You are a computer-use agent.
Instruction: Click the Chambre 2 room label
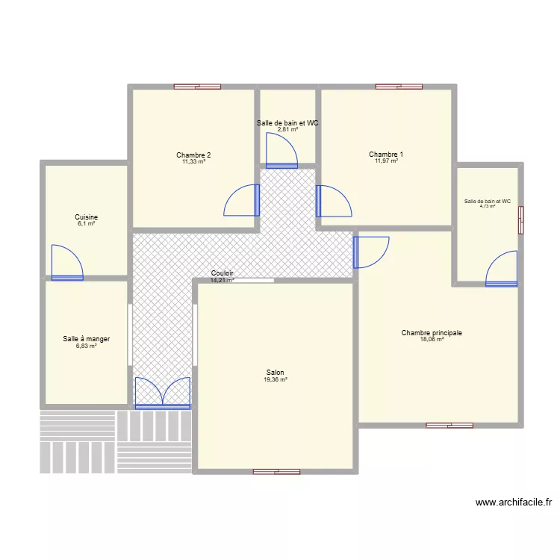click(193, 155)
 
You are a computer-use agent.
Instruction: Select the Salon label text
click(275, 373)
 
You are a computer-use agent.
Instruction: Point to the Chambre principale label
click(432, 333)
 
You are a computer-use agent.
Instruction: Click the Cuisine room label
click(86, 217)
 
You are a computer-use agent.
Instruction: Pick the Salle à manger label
click(87, 339)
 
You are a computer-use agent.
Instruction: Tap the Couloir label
click(223, 273)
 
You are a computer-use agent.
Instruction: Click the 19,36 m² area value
click(275, 380)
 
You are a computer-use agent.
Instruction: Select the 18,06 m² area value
click(432, 340)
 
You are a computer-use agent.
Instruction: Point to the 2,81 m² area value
click(287, 129)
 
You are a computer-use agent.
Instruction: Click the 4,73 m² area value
click(488, 207)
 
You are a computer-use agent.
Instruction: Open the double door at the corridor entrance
click(163, 393)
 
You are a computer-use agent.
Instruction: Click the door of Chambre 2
click(243, 199)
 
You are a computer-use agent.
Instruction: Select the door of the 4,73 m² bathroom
click(502, 270)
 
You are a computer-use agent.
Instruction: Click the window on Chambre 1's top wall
click(393, 87)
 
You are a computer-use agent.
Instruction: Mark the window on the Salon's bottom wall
click(276, 472)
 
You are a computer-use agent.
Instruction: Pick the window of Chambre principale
click(449, 426)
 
